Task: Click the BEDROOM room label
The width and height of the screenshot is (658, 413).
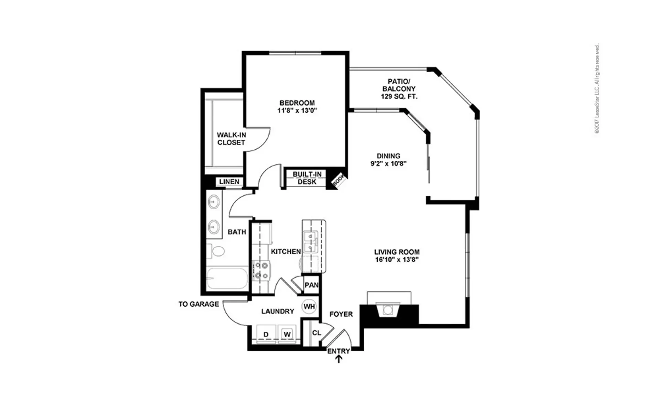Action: (297, 103)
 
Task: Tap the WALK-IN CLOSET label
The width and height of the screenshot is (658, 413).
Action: (231, 139)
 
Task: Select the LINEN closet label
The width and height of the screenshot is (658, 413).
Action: (229, 182)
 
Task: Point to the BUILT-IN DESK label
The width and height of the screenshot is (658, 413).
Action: (307, 178)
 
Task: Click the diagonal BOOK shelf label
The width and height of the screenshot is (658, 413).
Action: (338, 180)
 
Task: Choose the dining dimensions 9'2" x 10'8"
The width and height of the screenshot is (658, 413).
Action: (388, 164)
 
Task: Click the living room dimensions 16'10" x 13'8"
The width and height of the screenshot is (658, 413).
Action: (397, 260)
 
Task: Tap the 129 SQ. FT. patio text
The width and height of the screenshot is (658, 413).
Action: (399, 97)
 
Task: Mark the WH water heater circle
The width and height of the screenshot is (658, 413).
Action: (309, 306)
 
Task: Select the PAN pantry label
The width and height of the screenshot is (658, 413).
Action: (312, 285)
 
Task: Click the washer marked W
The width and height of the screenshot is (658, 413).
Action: (287, 333)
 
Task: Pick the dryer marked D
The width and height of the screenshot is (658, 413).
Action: (266, 333)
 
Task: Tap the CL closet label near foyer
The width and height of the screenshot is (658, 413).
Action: (316, 333)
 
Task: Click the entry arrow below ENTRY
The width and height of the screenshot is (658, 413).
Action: (339, 359)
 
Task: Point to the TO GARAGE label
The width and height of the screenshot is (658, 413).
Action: (198, 304)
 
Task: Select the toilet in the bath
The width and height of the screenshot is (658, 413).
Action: (215, 251)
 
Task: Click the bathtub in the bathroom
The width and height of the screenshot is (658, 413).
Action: (227, 278)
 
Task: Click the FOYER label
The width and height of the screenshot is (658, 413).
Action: (341, 314)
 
